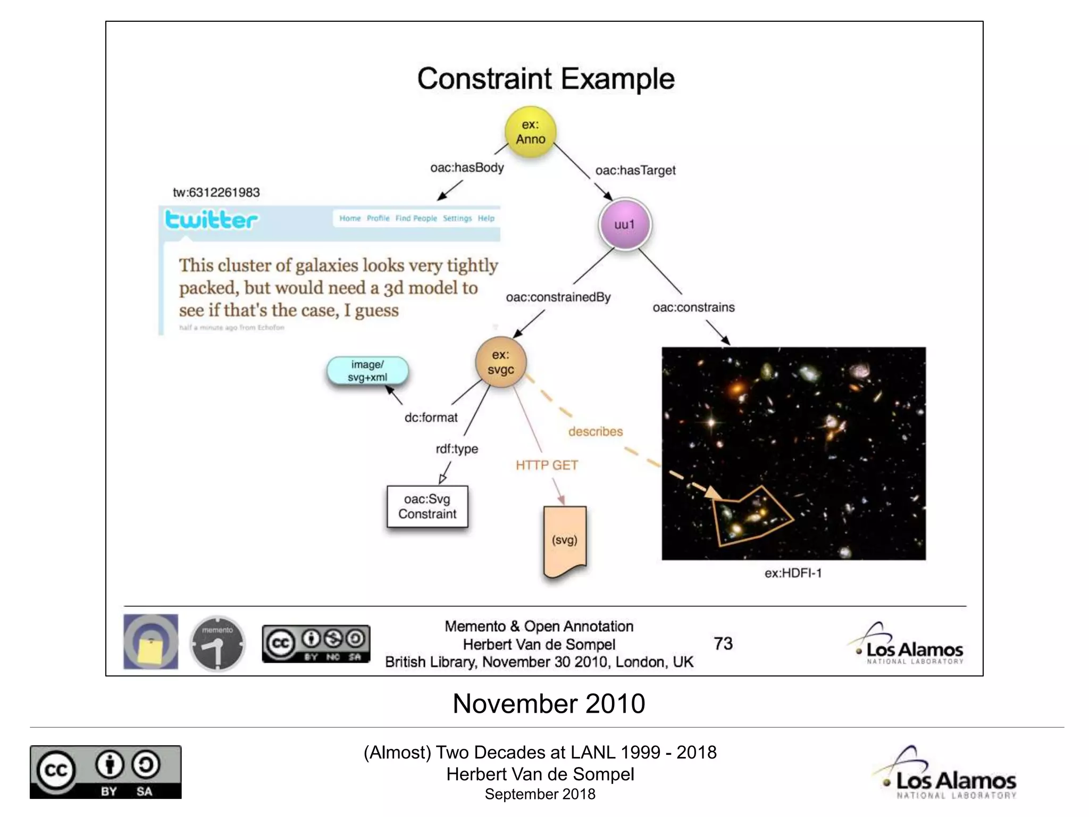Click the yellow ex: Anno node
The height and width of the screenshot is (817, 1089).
coord(530,132)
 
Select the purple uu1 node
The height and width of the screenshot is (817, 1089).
coord(625,224)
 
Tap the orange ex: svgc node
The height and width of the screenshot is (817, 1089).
coord(500,362)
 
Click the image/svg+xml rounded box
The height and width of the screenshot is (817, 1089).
coord(367,371)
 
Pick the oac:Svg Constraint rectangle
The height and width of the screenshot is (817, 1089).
coord(428,506)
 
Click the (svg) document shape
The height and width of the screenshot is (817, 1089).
coord(565,540)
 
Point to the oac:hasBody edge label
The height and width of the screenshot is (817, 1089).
coord(467,168)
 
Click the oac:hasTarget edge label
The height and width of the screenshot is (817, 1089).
coord(635,170)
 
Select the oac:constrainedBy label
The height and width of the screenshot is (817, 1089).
coord(558,297)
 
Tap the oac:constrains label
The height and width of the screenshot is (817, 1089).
coord(693,307)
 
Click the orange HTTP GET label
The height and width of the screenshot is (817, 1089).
coord(547,465)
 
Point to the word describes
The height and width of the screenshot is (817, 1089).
coord(596,431)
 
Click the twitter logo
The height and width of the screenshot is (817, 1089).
coord(211,220)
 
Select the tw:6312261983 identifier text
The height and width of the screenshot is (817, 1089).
coord(216,193)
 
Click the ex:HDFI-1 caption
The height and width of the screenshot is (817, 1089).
coord(793,573)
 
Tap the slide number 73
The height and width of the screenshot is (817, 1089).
coord(723,644)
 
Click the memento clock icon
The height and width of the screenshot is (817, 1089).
coord(217,644)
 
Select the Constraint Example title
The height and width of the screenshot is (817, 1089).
coord(546,79)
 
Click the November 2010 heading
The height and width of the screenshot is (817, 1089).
coord(549,704)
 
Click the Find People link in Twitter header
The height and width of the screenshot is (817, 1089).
coord(416,219)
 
